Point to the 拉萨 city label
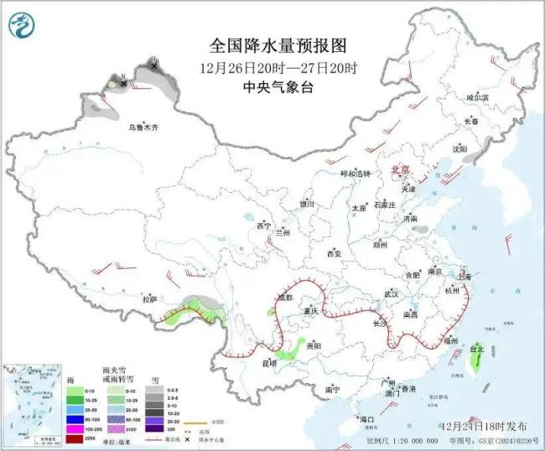(148, 298)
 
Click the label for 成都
(284, 298)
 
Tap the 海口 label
(366, 418)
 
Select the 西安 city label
(335, 252)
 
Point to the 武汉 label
(391, 294)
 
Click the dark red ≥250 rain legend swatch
(75, 437)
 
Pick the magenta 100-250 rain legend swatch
(75, 428)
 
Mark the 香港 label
(407, 390)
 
